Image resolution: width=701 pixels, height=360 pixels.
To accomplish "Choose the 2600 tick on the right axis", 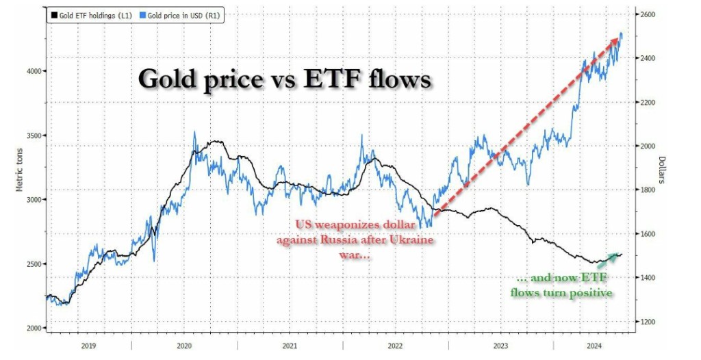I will tap(647, 14).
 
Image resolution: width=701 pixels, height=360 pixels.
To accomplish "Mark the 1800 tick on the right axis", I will tap(647, 190).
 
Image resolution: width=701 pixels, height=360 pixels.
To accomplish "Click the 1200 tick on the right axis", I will tap(647, 322).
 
